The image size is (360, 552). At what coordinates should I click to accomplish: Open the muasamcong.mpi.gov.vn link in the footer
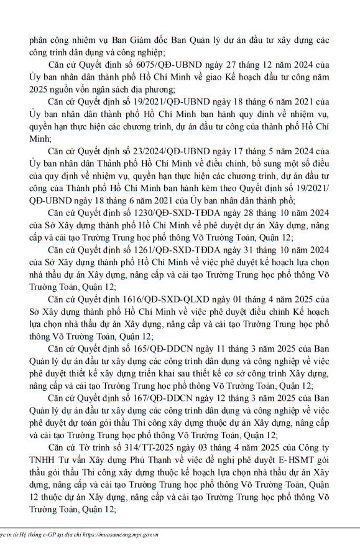tap(127, 535)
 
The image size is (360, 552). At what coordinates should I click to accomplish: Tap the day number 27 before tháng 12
tap(218, 65)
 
